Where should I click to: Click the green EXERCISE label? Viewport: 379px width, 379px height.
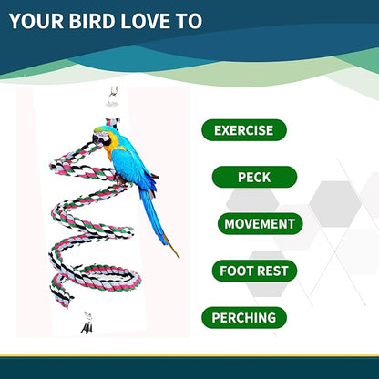(x=243, y=130)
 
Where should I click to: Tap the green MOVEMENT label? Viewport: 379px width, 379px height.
(x=259, y=223)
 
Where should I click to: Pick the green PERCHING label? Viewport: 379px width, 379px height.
(x=243, y=318)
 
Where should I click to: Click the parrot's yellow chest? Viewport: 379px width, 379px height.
(x=118, y=159)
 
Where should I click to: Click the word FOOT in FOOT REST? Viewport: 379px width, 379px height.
(x=236, y=271)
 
